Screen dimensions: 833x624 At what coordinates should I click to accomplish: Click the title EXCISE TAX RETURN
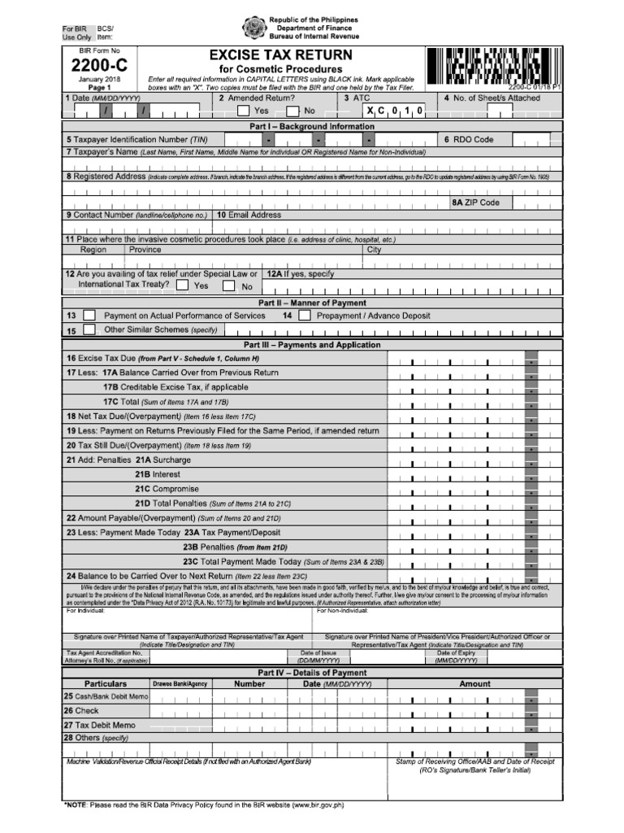tap(281, 55)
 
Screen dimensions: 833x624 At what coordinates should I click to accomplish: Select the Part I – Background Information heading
tap(312, 127)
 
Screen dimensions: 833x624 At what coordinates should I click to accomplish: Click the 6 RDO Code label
tap(469, 140)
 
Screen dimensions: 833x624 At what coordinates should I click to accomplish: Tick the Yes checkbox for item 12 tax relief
tap(182, 286)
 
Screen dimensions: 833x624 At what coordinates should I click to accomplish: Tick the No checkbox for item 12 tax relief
tap(229, 286)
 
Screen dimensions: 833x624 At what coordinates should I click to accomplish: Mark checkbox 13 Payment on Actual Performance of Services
tap(89, 316)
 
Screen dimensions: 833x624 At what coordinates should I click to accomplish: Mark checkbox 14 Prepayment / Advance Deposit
tap(304, 316)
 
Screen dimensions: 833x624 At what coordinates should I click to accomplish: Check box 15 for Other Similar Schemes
tap(89, 330)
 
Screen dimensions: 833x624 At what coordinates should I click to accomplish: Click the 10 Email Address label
tap(249, 216)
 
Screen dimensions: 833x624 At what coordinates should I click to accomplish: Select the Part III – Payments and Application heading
tap(312, 345)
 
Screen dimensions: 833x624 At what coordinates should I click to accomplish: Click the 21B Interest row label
tap(158, 474)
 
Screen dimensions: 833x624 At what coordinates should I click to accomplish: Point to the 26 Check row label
tap(81, 711)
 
